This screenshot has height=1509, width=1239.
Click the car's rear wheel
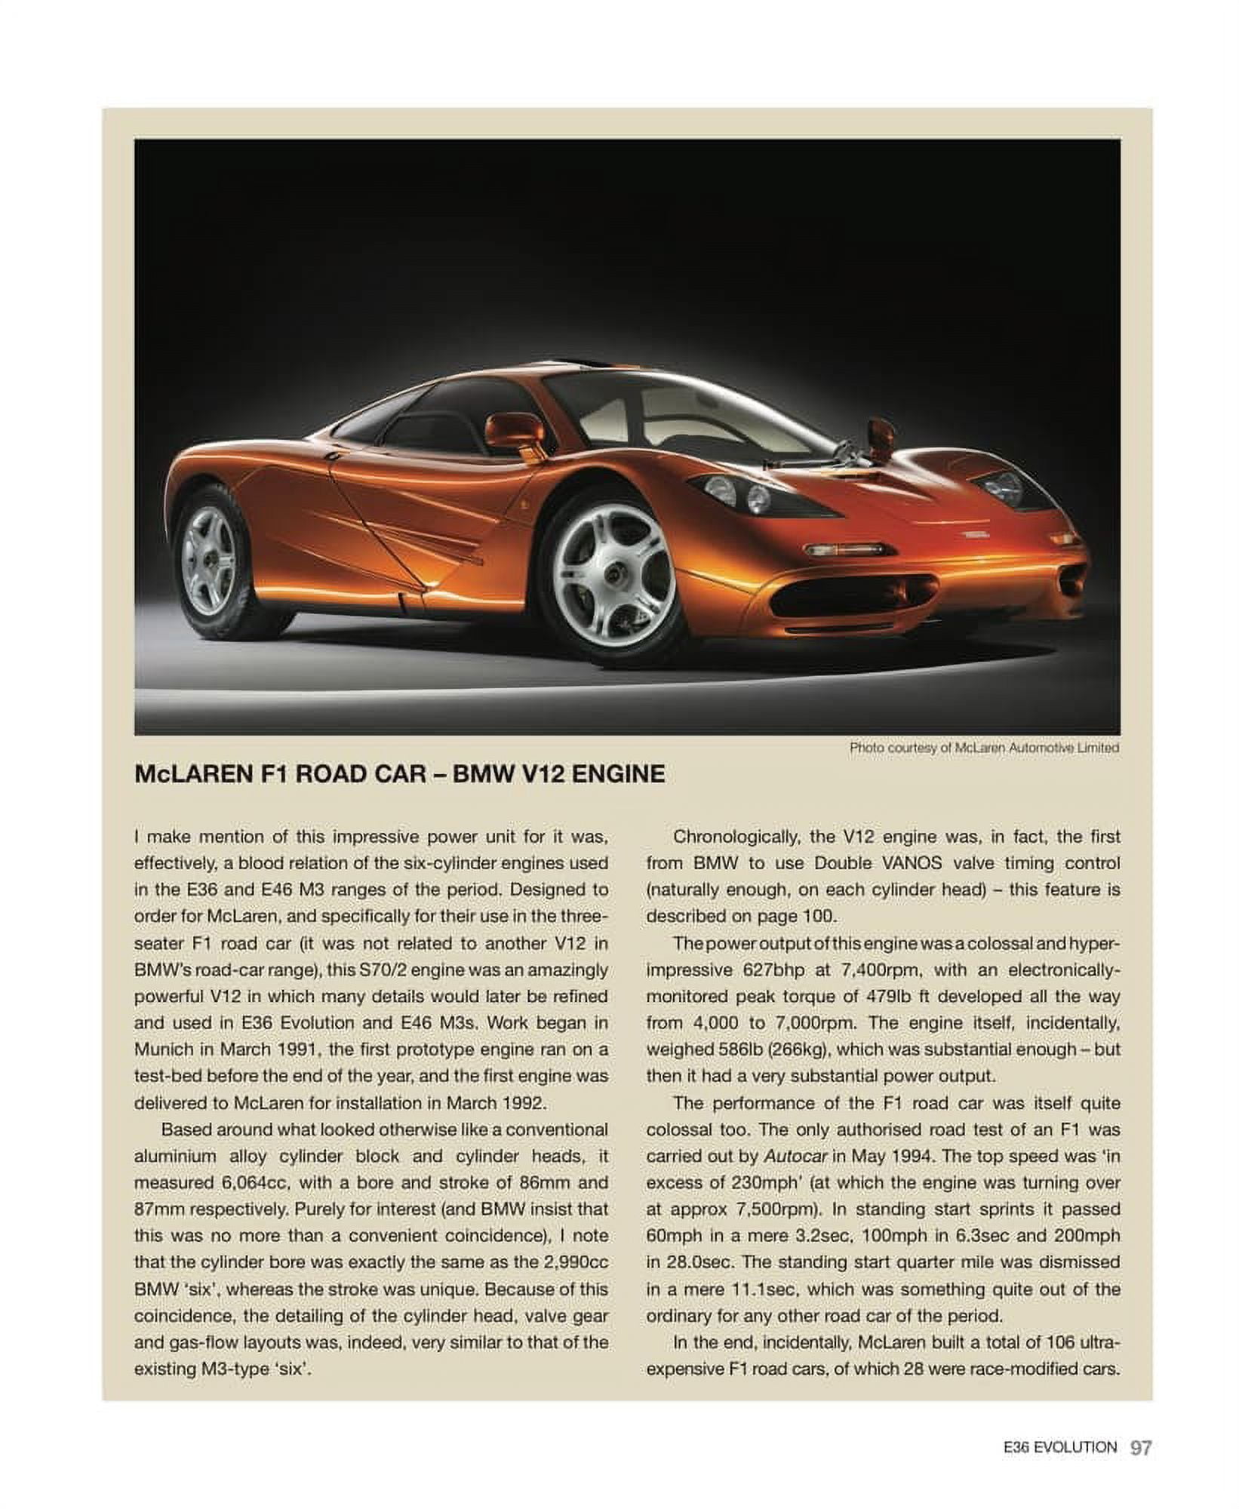point(211,559)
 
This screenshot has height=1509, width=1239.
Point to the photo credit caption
point(983,748)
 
